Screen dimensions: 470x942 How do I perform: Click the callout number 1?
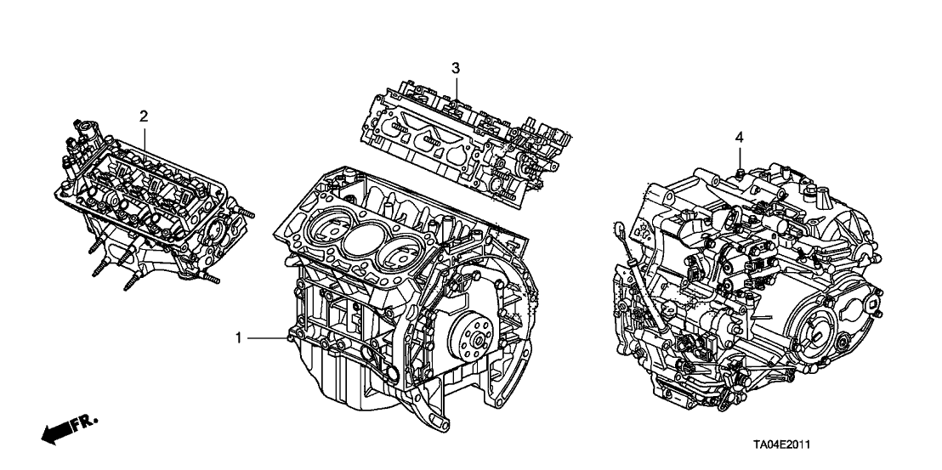240,338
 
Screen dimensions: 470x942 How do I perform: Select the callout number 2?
144,115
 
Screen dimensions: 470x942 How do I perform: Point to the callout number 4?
740,136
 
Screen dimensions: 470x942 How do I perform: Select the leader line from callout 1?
269,338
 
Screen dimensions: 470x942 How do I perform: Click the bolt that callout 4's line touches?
740,173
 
